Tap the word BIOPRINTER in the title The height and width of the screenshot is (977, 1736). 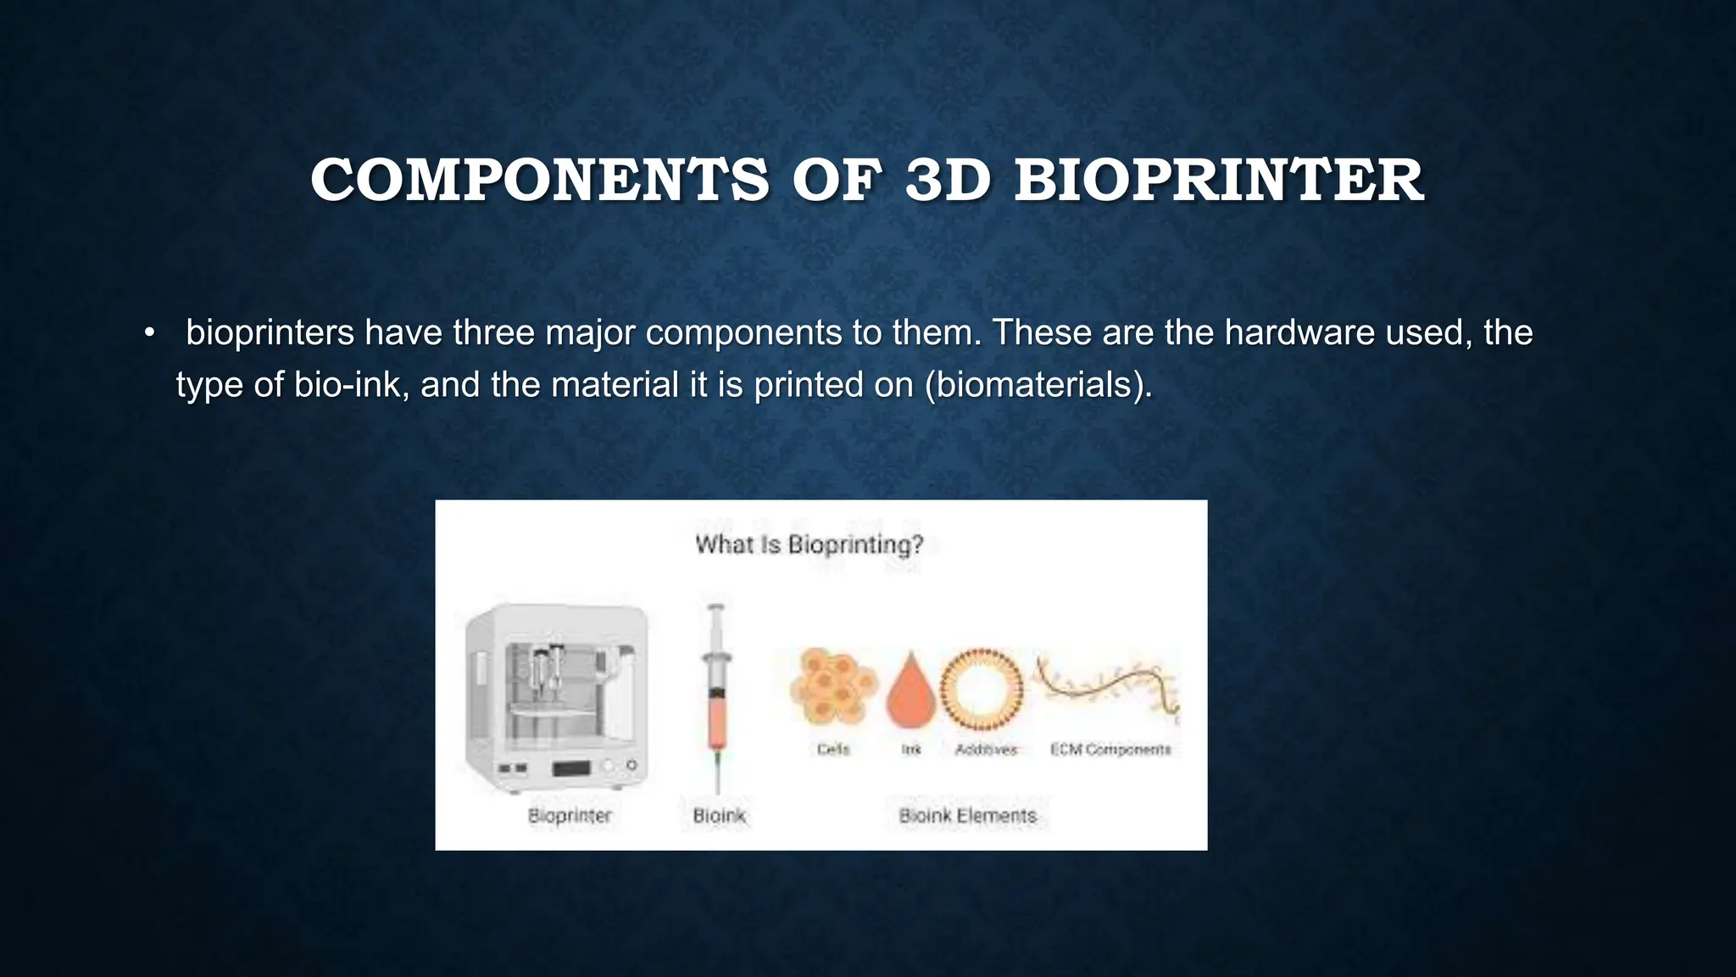pyautogui.click(x=1218, y=181)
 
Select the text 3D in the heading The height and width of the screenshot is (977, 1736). pyautogui.click(x=947, y=181)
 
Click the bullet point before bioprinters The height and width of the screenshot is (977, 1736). pyautogui.click(x=150, y=333)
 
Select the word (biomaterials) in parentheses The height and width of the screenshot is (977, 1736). pyautogui.click(x=1038, y=385)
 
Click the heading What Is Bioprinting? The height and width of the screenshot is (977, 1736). pyautogui.click(x=809, y=544)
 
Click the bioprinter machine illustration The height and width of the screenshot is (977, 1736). pyautogui.click(x=557, y=697)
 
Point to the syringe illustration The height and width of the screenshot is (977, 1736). pyautogui.click(x=717, y=695)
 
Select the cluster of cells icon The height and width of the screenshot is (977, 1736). pyautogui.click(x=832, y=687)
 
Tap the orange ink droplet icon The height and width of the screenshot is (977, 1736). pyautogui.click(x=910, y=691)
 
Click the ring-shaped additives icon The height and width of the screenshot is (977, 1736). pyautogui.click(x=983, y=689)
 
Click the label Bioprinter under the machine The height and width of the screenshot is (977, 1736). pyautogui.click(x=569, y=816)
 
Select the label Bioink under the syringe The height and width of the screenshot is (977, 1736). pyautogui.click(x=719, y=816)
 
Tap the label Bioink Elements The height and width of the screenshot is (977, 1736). pyautogui.click(x=967, y=816)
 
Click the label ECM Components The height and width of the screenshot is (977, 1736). pyautogui.click(x=1110, y=750)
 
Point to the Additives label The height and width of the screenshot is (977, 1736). pyautogui.click(x=985, y=750)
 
